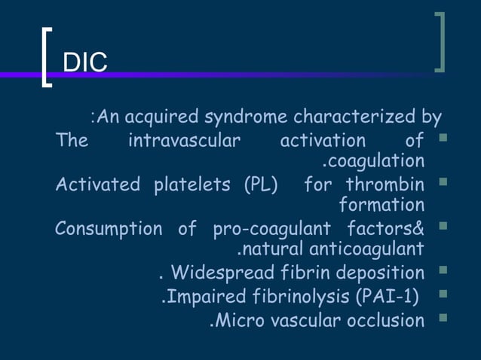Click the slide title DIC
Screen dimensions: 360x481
point(84,63)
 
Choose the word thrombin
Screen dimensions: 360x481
point(385,185)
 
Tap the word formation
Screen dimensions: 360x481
point(381,205)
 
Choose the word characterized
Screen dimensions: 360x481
point(352,117)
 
